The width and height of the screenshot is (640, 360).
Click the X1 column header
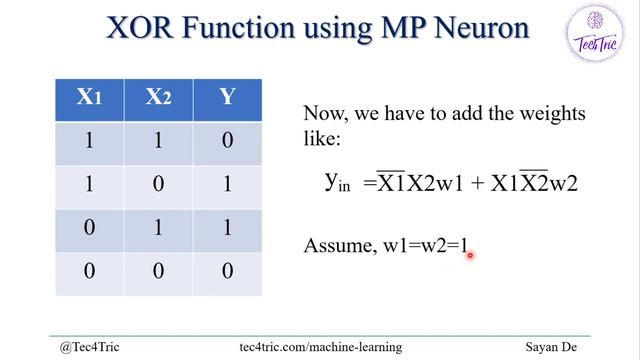(90, 97)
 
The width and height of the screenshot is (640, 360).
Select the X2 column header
(158, 97)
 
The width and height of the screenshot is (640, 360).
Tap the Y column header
(227, 97)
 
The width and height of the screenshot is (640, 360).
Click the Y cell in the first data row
(227, 141)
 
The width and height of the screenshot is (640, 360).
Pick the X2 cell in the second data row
(158, 185)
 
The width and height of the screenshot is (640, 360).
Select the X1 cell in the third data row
(90, 229)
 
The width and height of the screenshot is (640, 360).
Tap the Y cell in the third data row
(227, 229)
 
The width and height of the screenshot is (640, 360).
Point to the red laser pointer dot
(468, 255)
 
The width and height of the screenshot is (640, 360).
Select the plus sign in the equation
(476, 183)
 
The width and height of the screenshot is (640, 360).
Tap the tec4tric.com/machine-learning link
(321, 347)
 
